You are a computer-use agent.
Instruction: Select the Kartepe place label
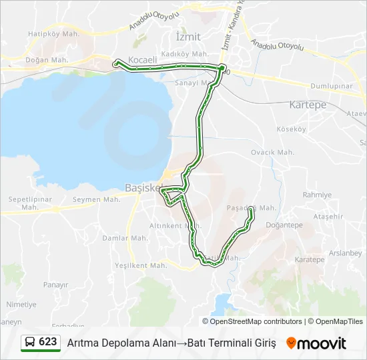pos(308,105)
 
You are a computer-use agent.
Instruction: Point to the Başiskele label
pos(141,187)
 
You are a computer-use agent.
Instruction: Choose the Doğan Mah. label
pos(47,59)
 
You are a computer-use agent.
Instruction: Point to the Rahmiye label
pos(317,195)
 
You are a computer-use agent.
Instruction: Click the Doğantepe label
pos(284,225)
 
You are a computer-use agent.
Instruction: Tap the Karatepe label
pos(309,259)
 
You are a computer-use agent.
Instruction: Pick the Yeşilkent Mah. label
pos(141,265)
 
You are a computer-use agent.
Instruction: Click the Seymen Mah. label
pos(97,199)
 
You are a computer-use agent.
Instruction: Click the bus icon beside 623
pos(30,343)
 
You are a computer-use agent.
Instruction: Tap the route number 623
pos(47,342)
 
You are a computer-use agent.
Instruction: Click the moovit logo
pos(316,343)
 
